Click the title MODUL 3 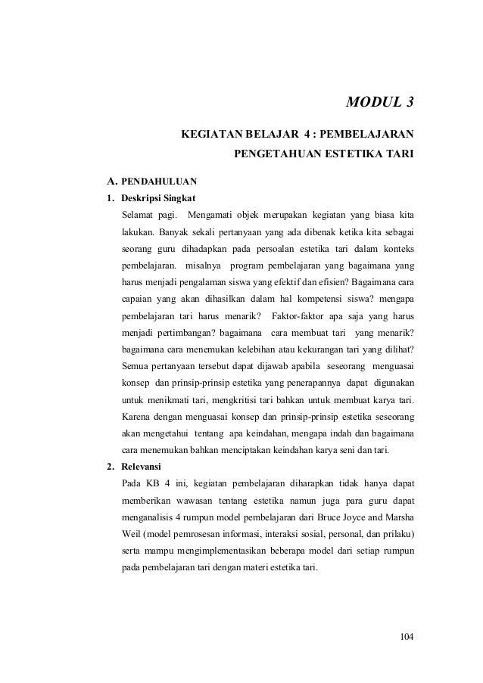point(380,104)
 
